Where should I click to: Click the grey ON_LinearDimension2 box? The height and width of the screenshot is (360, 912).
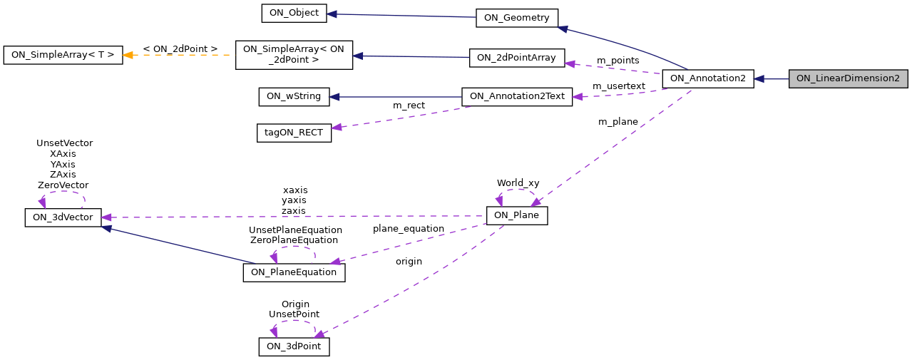pyautogui.click(x=848, y=79)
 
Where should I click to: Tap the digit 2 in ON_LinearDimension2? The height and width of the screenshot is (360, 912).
pyautogui.click(x=896, y=78)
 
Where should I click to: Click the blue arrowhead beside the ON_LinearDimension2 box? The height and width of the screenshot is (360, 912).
pyautogui.click(x=759, y=79)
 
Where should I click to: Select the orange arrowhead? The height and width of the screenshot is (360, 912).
pyautogui.click(x=128, y=55)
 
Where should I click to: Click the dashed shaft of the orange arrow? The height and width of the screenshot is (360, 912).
pyautogui.click(x=185, y=55)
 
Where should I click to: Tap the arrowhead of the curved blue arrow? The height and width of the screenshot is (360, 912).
pyautogui.click(x=563, y=29)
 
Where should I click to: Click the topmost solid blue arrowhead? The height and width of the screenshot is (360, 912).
pyautogui.click(x=332, y=14)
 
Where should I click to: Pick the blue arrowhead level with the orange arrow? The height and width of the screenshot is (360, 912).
pyautogui.click(x=358, y=56)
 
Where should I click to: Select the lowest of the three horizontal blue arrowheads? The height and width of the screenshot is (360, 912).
pyautogui.click(x=334, y=96)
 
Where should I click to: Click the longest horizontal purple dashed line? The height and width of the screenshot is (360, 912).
pyautogui.click(x=299, y=217)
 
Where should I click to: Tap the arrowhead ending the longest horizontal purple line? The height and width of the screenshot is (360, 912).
pyautogui.click(x=106, y=217)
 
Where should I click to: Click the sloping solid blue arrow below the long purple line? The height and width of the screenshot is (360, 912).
pyautogui.click(x=178, y=245)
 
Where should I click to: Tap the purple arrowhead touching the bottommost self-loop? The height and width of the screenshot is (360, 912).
pyautogui.click(x=319, y=334)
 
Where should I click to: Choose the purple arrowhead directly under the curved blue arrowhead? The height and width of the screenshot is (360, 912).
pyautogui.click(x=570, y=64)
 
